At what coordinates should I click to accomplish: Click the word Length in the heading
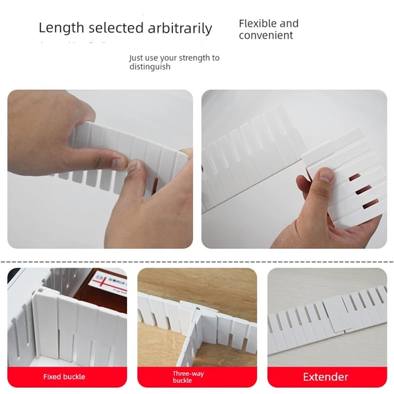pos(61,28)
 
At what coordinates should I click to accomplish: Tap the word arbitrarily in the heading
pos(181,28)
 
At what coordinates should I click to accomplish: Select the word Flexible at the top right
pos(256,23)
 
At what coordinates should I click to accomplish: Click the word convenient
pos(266,36)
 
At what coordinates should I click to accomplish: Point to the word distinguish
pos(150,67)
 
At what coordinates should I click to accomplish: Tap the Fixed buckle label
pos(64,377)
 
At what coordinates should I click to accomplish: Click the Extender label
pos(325,377)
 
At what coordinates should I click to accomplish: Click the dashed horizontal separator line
pos(197,262)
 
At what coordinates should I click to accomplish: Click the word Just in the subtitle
pos(136,58)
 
